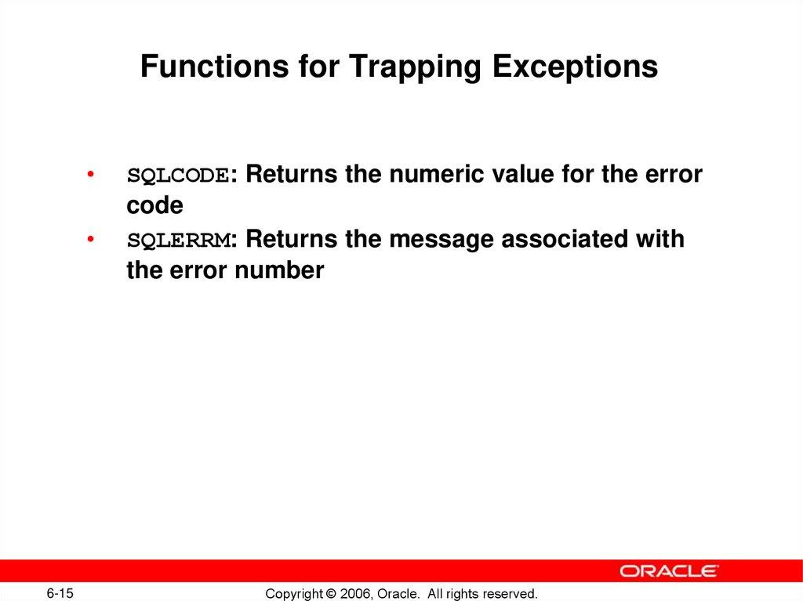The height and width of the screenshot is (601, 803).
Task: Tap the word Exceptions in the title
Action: click(575, 67)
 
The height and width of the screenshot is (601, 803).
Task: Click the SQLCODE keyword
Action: click(178, 175)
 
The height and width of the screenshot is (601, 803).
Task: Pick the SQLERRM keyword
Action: click(178, 240)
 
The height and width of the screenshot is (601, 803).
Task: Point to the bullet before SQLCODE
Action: click(92, 174)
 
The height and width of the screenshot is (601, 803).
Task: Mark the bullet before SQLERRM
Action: click(92, 239)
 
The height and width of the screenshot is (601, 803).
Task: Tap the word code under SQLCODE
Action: click(154, 206)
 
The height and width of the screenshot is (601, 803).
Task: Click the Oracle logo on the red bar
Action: click(669, 570)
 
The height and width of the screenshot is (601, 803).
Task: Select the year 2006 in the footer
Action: click(357, 593)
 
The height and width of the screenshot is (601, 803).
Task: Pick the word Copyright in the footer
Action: click(294, 593)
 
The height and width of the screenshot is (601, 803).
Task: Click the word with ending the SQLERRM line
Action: click(661, 239)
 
